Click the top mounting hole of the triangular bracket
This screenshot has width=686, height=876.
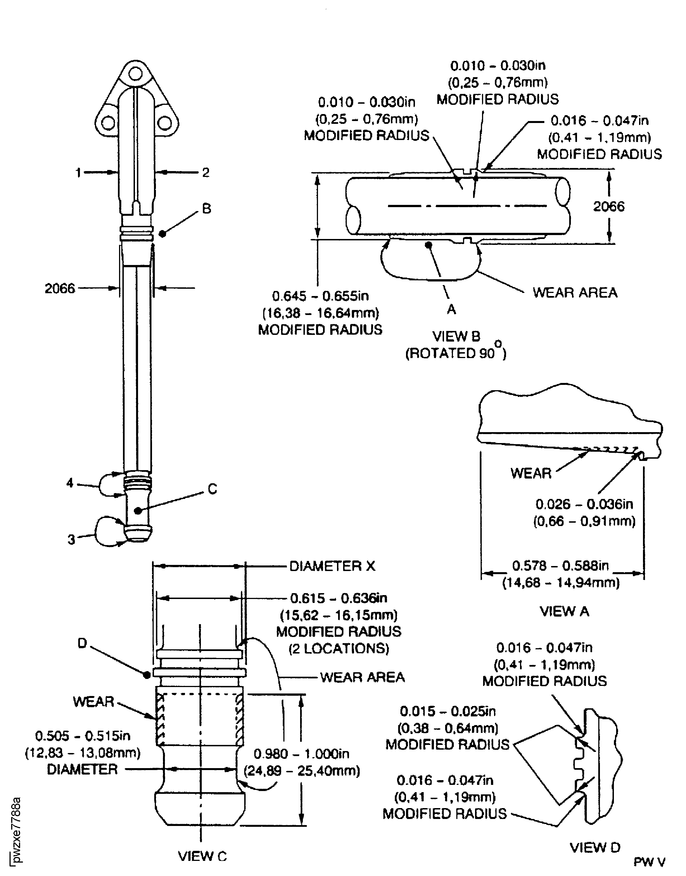point(136,74)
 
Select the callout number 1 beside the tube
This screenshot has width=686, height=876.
point(78,173)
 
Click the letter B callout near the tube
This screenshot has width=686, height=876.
point(206,209)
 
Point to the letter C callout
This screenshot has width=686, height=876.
point(212,489)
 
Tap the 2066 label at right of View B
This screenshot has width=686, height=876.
point(609,207)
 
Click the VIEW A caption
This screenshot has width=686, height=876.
point(564,611)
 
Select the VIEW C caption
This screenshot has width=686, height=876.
point(202,856)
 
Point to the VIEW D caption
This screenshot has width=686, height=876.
point(595,847)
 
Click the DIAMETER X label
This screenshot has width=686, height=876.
point(332,566)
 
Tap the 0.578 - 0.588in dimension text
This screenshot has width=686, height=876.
point(560,565)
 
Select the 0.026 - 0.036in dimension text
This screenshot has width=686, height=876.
point(584,504)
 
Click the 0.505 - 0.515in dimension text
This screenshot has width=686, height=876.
point(83,736)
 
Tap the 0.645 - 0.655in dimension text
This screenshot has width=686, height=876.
point(320,296)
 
